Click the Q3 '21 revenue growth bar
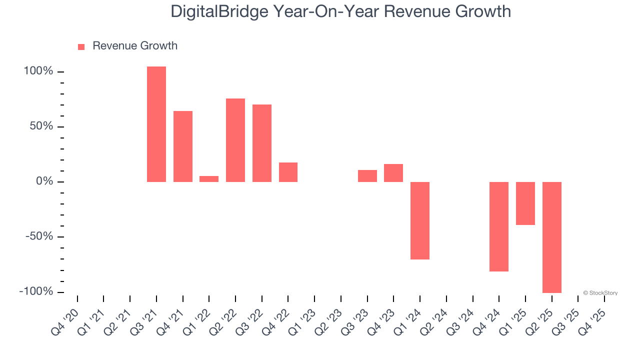coord(156,124)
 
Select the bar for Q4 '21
coord(183,146)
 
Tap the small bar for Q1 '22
coord(209,179)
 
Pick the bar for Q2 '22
coord(235,140)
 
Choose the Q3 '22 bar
coord(262,143)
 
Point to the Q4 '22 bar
coord(288,172)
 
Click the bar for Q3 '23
coord(367,176)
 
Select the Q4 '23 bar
coord(393,173)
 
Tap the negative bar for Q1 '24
coord(420,220)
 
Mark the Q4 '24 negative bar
coord(499,226)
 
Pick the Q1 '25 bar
coord(525,203)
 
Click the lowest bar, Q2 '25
coord(552,237)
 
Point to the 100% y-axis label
coord(38,71)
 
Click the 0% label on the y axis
coord(44,181)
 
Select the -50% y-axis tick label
coord(39,236)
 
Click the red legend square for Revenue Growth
coord(81,47)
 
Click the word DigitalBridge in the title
coord(219,11)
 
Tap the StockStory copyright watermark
coord(600,293)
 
